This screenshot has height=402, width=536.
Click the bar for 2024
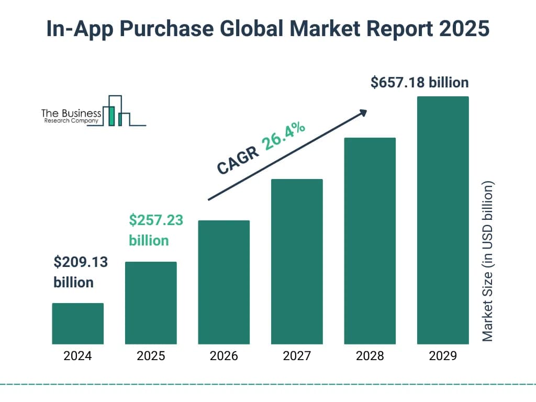tap(77, 323)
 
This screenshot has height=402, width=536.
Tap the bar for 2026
tap(224, 282)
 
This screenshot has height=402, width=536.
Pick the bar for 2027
tap(297, 261)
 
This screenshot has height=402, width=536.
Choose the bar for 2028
tap(370, 241)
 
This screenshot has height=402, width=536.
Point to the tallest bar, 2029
tap(443, 220)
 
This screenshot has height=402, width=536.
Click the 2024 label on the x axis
tap(77, 356)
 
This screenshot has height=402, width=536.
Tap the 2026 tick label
tap(224, 356)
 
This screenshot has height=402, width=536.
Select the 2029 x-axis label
tap(443, 356)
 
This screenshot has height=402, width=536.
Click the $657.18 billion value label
tap(419, 83)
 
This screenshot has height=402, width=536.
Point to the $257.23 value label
tap(156, 220)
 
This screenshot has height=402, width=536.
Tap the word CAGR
tap(237, 160)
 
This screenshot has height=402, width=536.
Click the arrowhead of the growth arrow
tap(363, 113)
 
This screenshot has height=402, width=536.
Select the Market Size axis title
tap(488, 262)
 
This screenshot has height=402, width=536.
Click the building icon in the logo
tap(116, 111)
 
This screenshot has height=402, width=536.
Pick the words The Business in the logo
tap(71, 113)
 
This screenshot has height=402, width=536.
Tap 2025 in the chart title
tap(464, 29)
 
